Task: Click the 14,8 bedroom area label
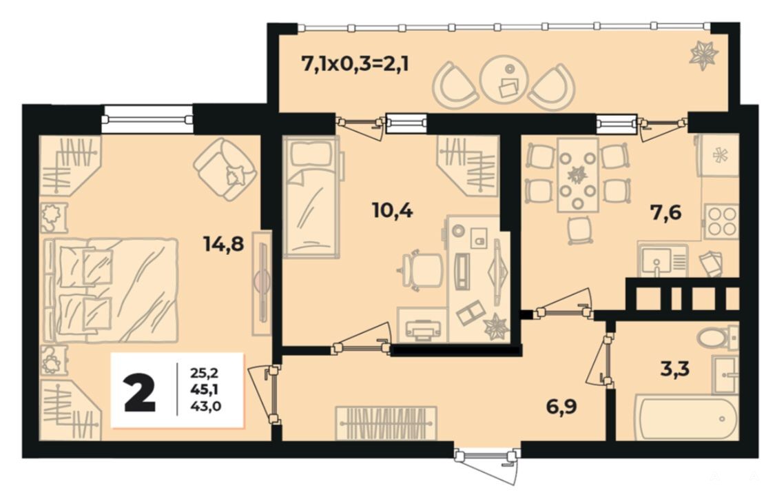(x=224, y=243)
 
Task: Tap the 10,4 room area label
(x=393, y=211)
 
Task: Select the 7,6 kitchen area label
(x=665, y=212)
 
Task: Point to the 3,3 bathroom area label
(x=674, y=369)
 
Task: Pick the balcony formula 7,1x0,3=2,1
(x=355, y=64)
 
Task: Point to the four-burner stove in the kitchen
(x=721, y=221)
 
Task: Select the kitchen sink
(x=662, y=260)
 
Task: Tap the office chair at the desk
(x=421, y=270)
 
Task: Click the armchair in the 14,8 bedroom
(x=225, y=169)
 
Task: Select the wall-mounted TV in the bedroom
(x=262, y=283)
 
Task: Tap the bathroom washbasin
(x=725, y=374)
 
